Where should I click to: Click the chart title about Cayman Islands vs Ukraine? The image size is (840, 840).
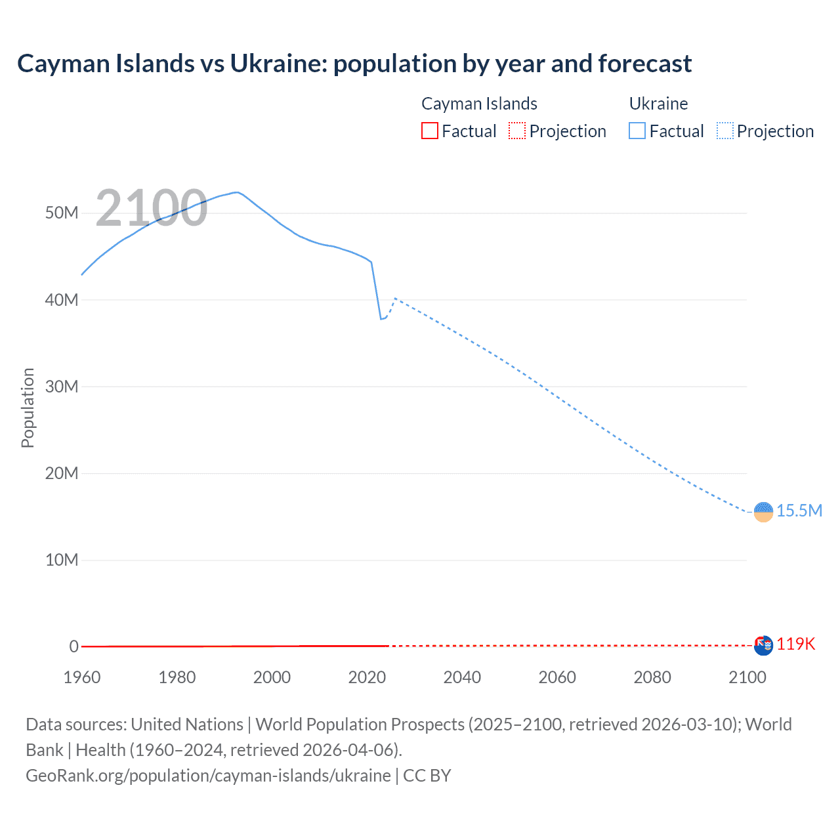pos(354,64)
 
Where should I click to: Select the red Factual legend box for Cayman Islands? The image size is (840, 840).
pos(429,131)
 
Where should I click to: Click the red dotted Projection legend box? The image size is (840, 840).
pos(517,131)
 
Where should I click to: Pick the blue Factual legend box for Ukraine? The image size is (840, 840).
pos(637,131)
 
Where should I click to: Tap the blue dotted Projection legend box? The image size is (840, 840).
pos(725,131)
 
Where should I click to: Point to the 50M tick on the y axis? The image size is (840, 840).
pos(62,213)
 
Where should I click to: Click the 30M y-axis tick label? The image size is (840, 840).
pos(62,387)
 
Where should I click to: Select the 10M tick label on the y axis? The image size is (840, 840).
pos(62,560)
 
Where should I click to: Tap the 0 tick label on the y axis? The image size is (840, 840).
pos(73,646)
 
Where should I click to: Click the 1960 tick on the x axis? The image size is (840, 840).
pos(82,677)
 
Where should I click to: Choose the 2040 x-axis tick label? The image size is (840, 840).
pos(462,677)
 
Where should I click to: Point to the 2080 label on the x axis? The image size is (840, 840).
pos(652,677)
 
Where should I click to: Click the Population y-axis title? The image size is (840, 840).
pos(28,408)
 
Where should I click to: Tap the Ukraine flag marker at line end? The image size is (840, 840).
pos(763,511)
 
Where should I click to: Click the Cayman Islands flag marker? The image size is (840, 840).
pos(763,646)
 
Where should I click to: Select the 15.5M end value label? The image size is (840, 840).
pos(799,511)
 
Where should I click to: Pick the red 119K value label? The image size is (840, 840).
pos(796,644)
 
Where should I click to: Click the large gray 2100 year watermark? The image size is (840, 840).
pos(152,208)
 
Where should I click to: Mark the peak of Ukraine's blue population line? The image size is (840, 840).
pos(237,192)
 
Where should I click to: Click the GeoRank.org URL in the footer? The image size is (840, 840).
pos(208,776)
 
